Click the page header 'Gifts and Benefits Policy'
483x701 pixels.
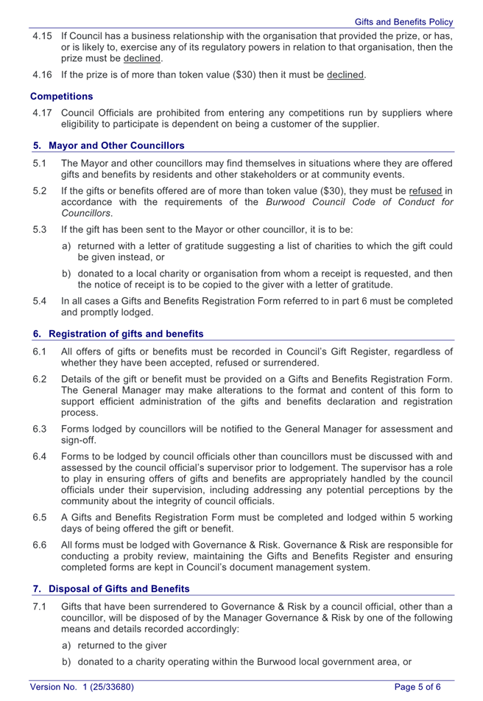click(x=403, y=22)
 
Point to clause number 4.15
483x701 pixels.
click(x=41, y=35)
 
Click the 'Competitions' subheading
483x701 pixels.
click(x=62, y=97)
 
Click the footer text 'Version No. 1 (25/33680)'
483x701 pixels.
click(x=82, y=687)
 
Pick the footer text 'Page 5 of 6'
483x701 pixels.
click(x=417, y=687)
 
